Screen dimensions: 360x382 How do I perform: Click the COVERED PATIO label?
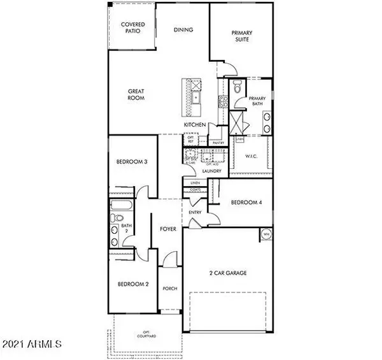pos(133,27)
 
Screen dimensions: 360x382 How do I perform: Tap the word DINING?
pos(183,30)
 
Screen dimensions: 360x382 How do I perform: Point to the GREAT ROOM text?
pos(136,95)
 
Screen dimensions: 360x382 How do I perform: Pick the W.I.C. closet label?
pos(251,155)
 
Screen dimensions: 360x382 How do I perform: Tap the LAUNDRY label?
pos(211,171)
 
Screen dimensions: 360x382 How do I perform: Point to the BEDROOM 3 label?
pos(132,162)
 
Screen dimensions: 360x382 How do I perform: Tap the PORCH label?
pos(169,288)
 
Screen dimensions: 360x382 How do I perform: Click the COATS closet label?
pos(195,189)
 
